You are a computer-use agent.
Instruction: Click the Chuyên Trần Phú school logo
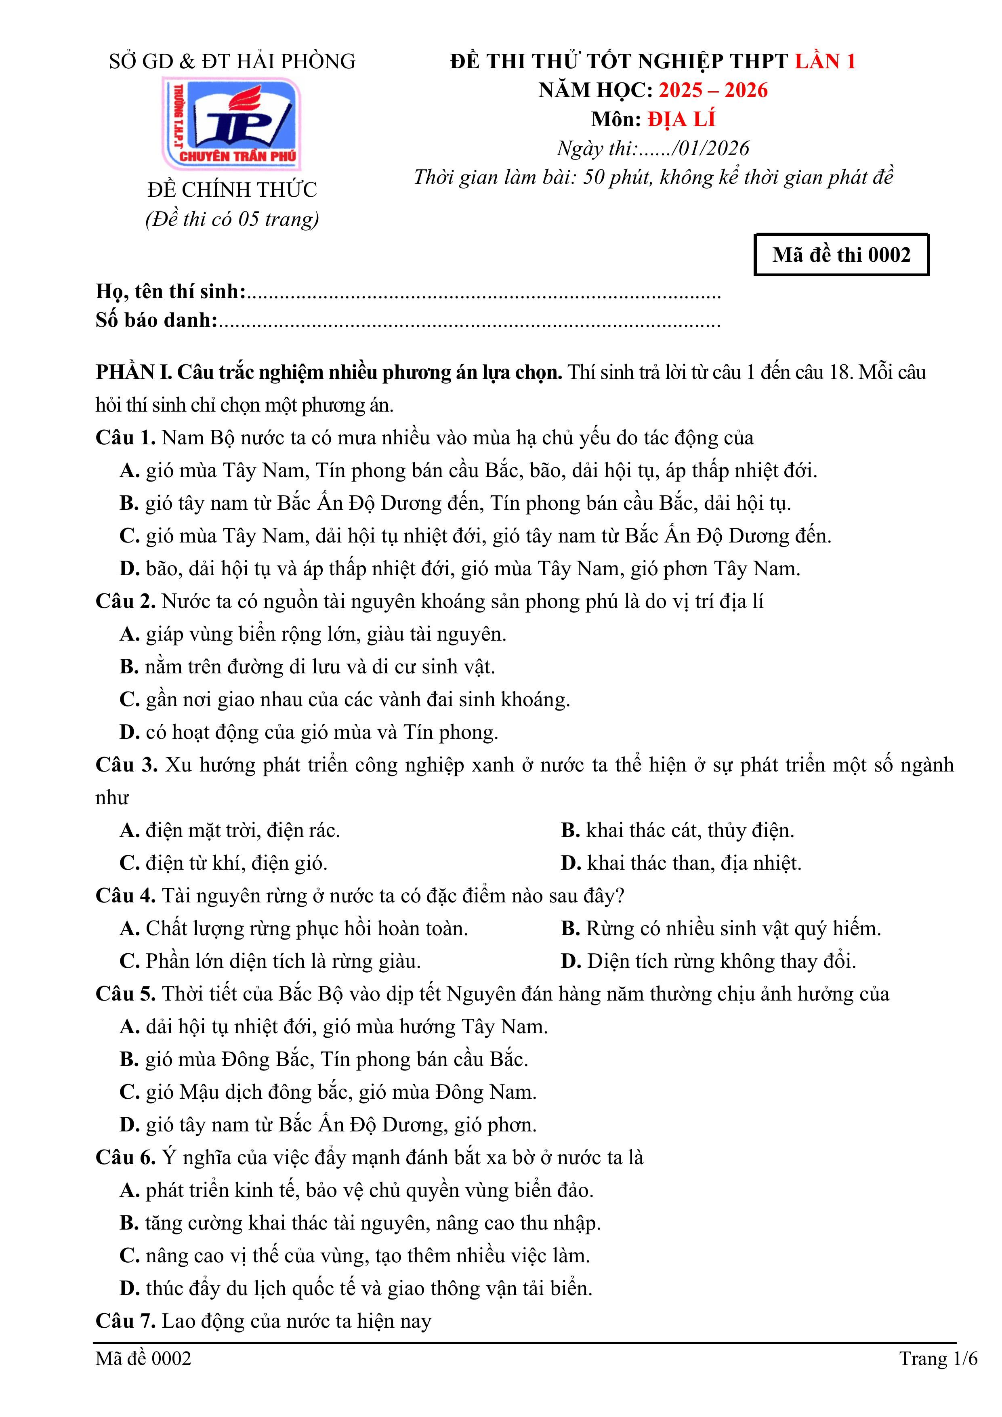tap(231, 124)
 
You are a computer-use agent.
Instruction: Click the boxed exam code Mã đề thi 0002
tap(841, 254)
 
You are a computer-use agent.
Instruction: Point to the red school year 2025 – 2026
tap(713, 90)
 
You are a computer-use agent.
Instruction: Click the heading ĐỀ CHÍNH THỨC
tap(232, 189)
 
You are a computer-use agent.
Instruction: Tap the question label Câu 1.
tap(125, 437)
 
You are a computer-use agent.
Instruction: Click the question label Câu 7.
tap(125, 1321)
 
